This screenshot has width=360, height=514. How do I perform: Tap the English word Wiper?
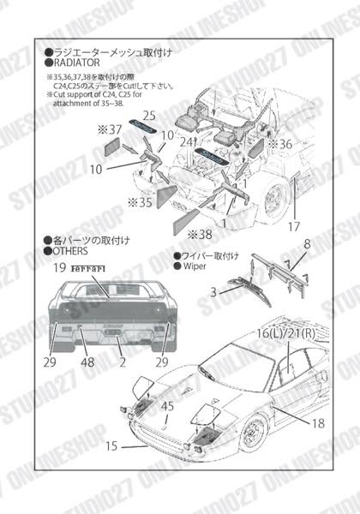195,266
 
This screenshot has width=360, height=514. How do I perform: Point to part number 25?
148,115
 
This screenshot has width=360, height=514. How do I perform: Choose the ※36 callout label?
279,144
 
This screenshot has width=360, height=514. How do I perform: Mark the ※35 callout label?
140,203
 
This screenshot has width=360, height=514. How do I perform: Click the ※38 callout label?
200,232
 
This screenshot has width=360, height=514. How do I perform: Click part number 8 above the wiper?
306,244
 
